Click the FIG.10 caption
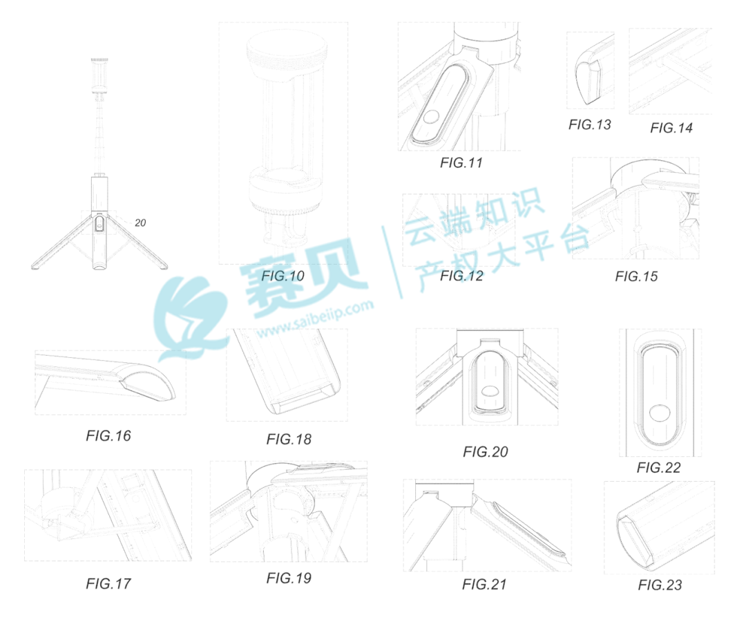tap(283, 276)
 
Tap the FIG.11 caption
tap(461, 163)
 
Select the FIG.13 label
tap(589, 124)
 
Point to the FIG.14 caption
tap(671, 128)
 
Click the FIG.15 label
tap(636, 276)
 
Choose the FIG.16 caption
tap(108, 436)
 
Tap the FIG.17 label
tap(108, 583)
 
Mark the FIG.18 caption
tap(289, 440)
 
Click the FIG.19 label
tap(289, 578)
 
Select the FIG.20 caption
tap(486, 452)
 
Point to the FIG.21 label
tap(484, 585)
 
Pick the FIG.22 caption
tap(658, 468)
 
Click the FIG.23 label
tap(660, 585)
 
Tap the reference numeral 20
tap(140, 223)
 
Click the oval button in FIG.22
tap(660, 413)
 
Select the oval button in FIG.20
tap(490, 391)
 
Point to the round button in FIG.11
tap(432, 117)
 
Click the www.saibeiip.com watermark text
tap(316, 319)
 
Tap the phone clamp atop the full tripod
tap(99, 75)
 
